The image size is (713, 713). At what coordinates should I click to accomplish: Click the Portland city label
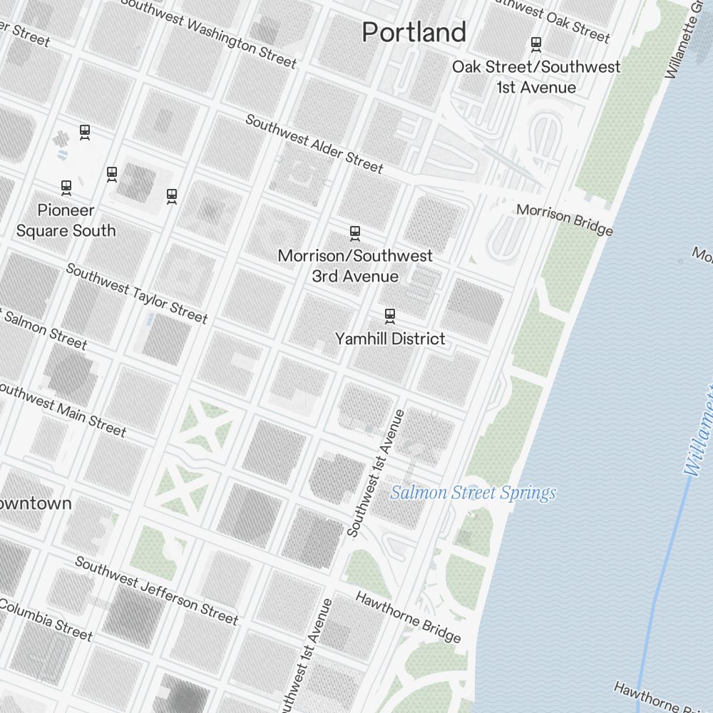pos(414,32)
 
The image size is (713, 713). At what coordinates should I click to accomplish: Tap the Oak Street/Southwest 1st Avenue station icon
pos(535,45)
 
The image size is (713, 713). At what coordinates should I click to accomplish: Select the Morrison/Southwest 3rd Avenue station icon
pos(355,233)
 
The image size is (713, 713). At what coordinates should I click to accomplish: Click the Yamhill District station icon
pos(389,315)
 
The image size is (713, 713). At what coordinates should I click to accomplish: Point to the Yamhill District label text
pos(390,339)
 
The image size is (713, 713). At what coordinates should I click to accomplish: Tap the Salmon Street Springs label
pos(473,493)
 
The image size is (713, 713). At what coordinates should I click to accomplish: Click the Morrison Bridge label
pos(565,220)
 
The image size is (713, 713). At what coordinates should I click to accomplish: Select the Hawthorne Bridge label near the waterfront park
pos(408,617)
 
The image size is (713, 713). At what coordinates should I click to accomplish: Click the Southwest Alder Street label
pos(314,143)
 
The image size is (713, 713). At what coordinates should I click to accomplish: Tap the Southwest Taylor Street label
pos(137,293)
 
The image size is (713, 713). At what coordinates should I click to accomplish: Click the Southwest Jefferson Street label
pos(156,590)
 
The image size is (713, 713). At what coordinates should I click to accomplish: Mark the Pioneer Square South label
pos(66,220)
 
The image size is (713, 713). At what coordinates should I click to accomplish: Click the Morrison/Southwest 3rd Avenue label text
pos(355,265)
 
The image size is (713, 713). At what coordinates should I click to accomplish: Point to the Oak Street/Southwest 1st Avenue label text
pos(536,77)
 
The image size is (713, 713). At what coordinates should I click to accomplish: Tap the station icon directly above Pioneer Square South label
pos(66,188)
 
